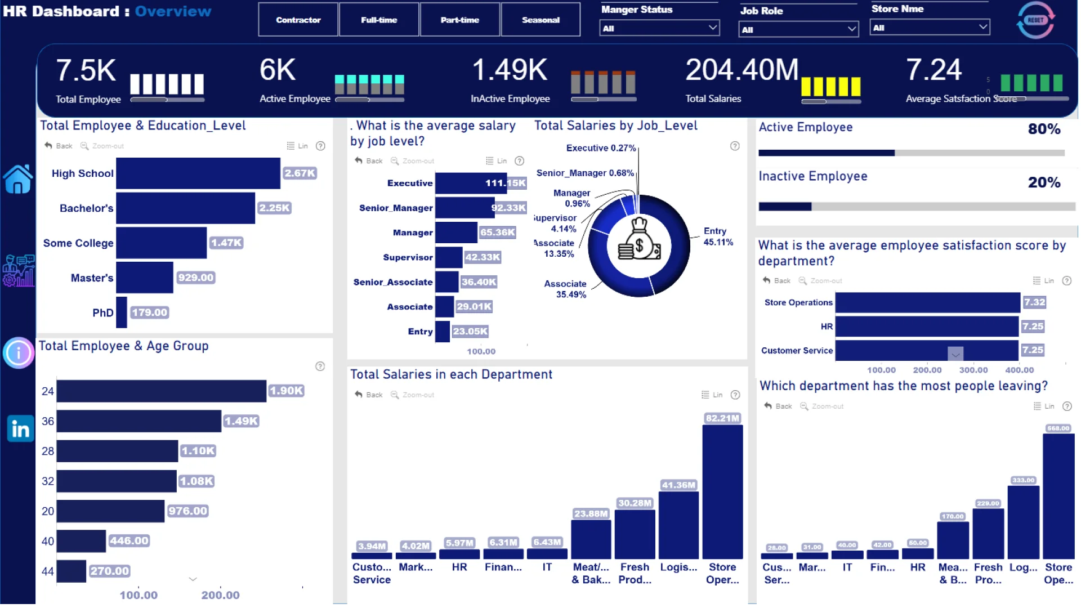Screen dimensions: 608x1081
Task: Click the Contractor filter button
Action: (x=298, y=20)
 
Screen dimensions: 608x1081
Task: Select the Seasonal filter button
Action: (x=540, y=20)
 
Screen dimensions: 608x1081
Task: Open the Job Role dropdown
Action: (x=798, y=29)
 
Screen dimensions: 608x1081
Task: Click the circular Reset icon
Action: (x=1035, y=20)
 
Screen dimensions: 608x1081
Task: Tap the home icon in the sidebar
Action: (x=18, y=180)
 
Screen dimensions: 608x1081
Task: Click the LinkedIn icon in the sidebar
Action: (x=20, y=429)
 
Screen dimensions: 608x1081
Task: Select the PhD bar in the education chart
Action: (x=122, y=312)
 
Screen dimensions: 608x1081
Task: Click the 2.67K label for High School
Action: (x=300, y=173)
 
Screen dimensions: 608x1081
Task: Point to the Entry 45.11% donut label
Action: (x=718, y=236)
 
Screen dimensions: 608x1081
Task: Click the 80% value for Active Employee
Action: (x=1044, y=129)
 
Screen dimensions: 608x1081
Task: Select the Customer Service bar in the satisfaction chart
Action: (x=927, y=350)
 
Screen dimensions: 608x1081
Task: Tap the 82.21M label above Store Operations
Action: (x=722, y=418)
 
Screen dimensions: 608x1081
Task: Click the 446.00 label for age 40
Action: (x=129, y=541)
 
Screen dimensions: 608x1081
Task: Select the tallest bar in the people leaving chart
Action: (x=1058, y=495)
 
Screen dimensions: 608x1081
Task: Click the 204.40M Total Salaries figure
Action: (x=741, y=70)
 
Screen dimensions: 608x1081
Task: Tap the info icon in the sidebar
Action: (x=19, y=353)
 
